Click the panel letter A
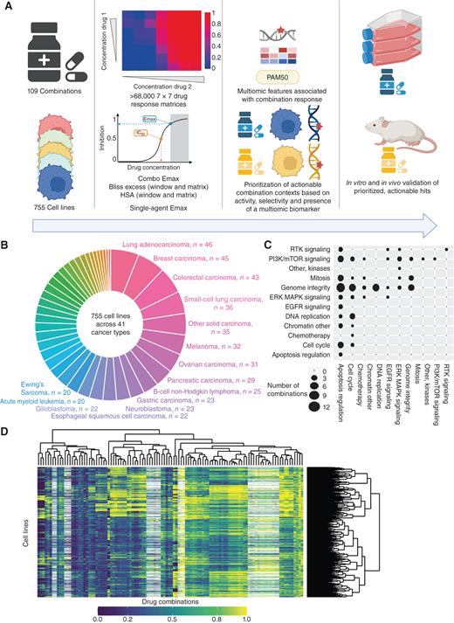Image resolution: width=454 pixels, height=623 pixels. pyautogui.click(x=6, y=6)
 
